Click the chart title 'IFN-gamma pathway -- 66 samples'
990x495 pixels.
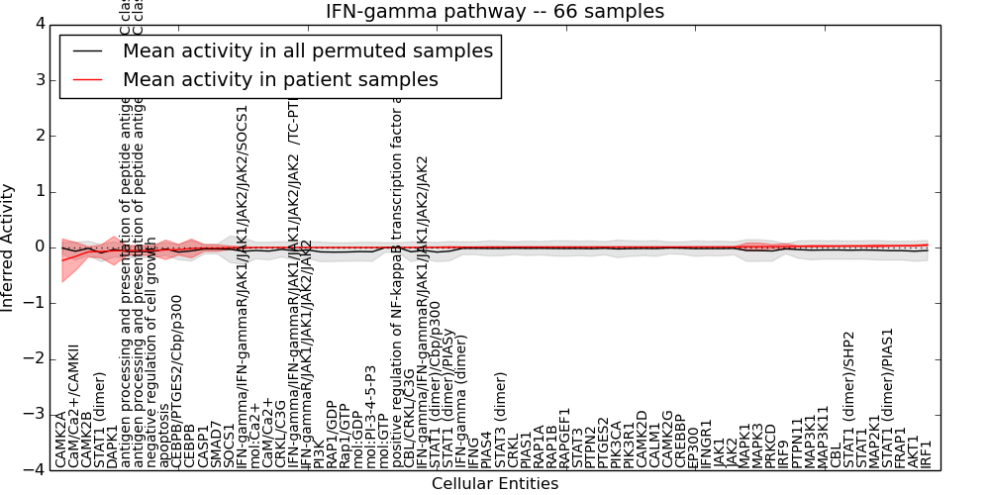coord(495,11)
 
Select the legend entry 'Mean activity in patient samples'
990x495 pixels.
coord(280,79)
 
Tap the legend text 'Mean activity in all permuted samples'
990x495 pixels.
coord(307,50)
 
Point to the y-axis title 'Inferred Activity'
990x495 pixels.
coord(8,247)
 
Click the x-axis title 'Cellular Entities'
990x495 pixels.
coord(495,484)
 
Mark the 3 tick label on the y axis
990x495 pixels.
coord(38,79)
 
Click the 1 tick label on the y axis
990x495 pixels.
coord(38,191)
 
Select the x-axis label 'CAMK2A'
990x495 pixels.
coord(60,439)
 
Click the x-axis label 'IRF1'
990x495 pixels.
coord(927,450)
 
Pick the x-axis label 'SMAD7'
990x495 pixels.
coord(216,444)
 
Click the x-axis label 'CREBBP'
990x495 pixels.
coord(680,440)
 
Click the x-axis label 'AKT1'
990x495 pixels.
coord(914,450)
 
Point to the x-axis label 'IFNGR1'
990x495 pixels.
coord(706,442)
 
